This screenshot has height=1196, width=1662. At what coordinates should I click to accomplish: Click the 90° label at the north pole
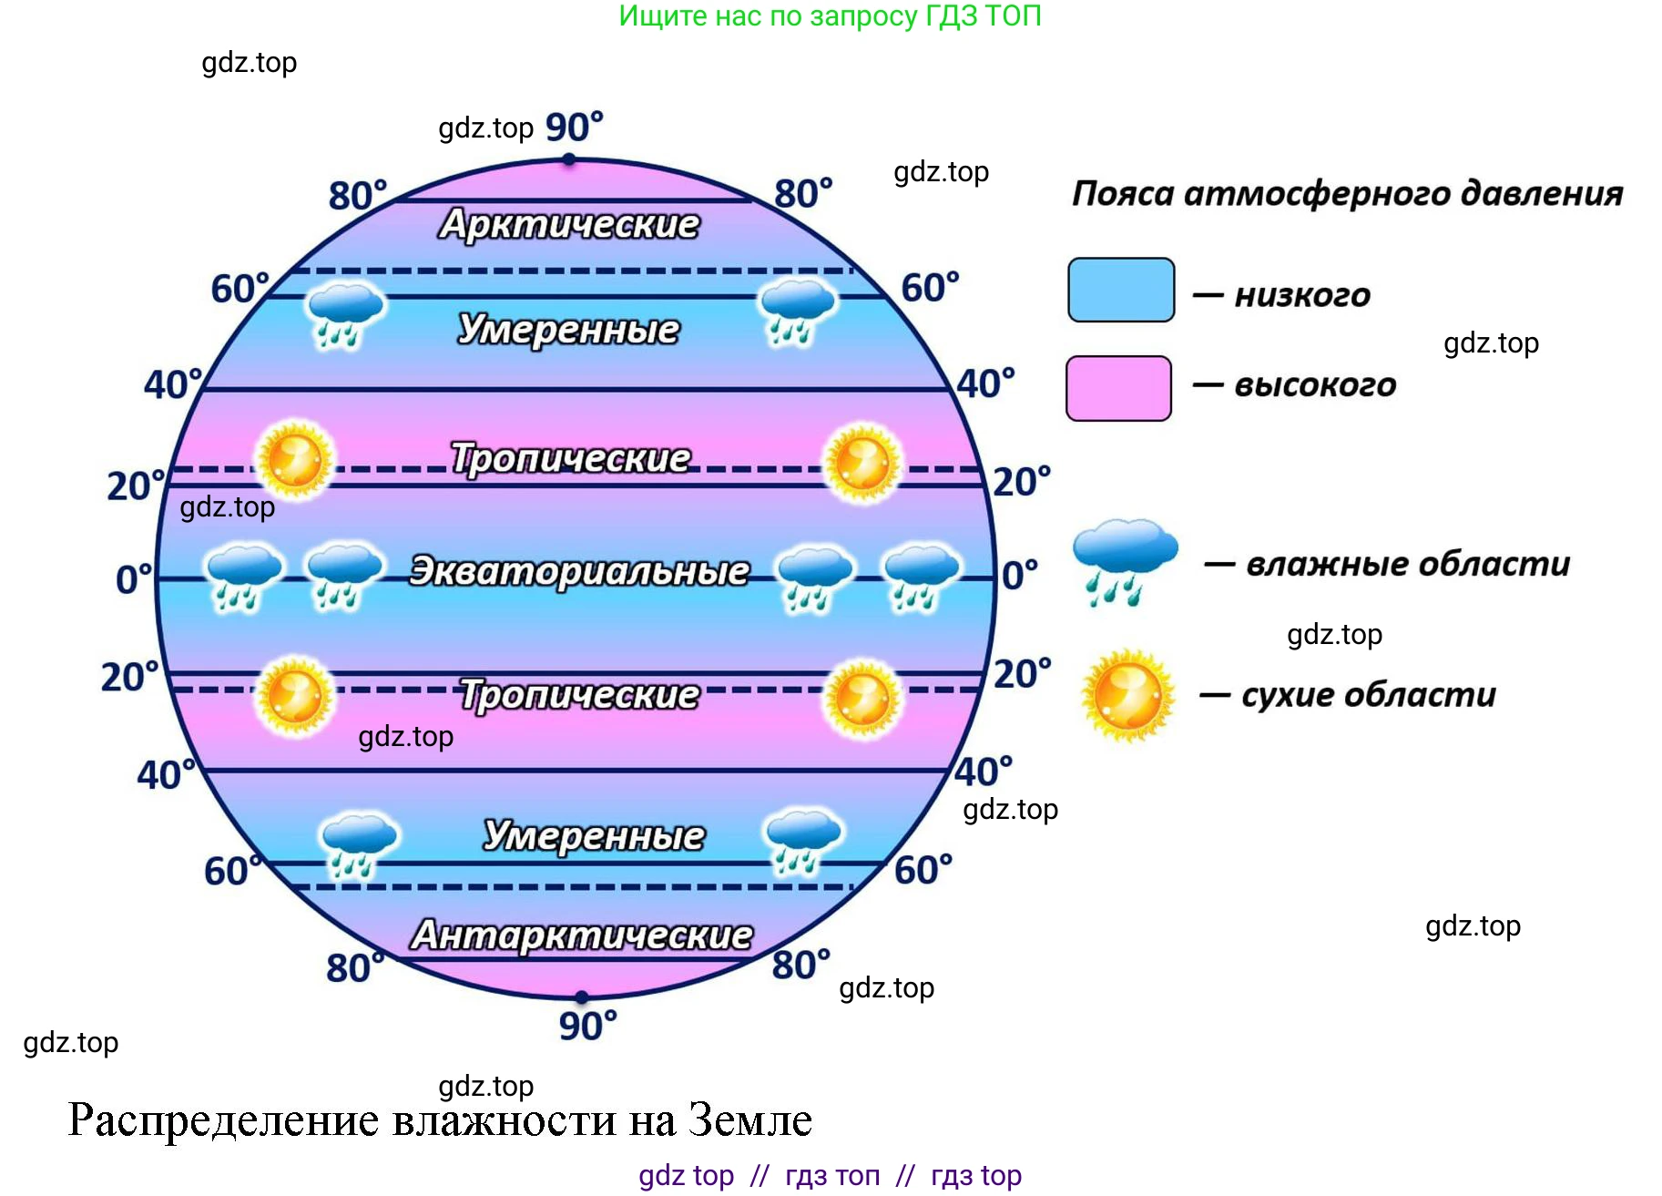coord(574,127)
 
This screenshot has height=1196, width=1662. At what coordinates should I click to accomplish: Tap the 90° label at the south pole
coord(587,1026)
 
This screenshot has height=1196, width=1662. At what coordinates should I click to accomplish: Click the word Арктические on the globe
coord(569,224)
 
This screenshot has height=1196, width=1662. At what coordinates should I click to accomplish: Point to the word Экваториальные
coord(579,571)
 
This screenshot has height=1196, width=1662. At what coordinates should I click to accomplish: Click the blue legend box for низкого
coord(1120,290)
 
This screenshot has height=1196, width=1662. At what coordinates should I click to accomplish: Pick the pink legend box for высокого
coord(1118,388)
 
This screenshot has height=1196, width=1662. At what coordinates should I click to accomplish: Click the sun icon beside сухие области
coord(1127,695)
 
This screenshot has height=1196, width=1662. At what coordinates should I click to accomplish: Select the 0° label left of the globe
coord(133,579)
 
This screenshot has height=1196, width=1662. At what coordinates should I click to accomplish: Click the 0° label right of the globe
coord(1019,575)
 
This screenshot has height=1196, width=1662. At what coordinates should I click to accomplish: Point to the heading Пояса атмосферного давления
coord(1347,193)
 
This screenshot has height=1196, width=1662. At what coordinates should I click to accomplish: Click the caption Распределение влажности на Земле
coord(440,1119)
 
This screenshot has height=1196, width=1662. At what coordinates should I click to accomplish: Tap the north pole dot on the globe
coord(568,159)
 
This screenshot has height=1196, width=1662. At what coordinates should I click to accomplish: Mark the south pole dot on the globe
coord(582,997)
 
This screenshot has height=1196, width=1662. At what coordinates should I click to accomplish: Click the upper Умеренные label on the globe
coord(568,329)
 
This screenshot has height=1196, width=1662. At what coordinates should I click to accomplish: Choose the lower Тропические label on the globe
coord(579,695)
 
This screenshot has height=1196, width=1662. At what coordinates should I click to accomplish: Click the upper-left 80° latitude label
coord(357,196)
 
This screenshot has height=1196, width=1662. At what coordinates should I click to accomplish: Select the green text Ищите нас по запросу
coord(830,15)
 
